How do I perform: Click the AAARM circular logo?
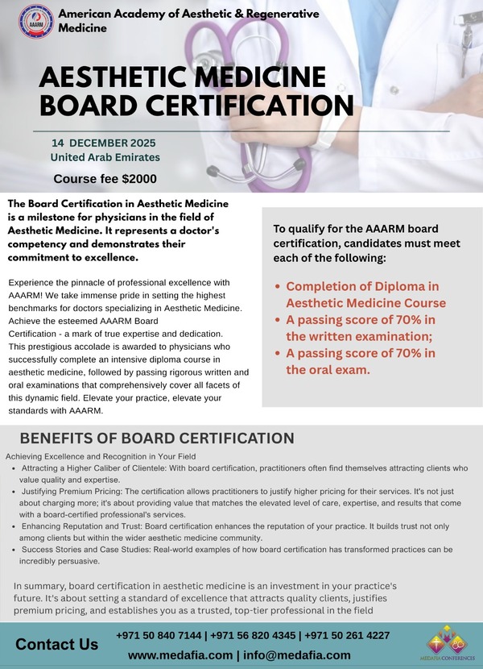click(x=35, y=22)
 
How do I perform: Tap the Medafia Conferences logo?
click(x=448, y=640)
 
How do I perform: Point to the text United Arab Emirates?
click(x=105, y=157)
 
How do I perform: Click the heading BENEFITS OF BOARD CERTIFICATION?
click(x=157, y=438)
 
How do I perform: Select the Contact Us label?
click(x=57, y=644)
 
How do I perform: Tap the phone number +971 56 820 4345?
click(x=254, y=635)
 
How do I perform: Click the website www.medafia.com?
click(x=180, y=655)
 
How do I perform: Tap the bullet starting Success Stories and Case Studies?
click(x=242, y=555)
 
